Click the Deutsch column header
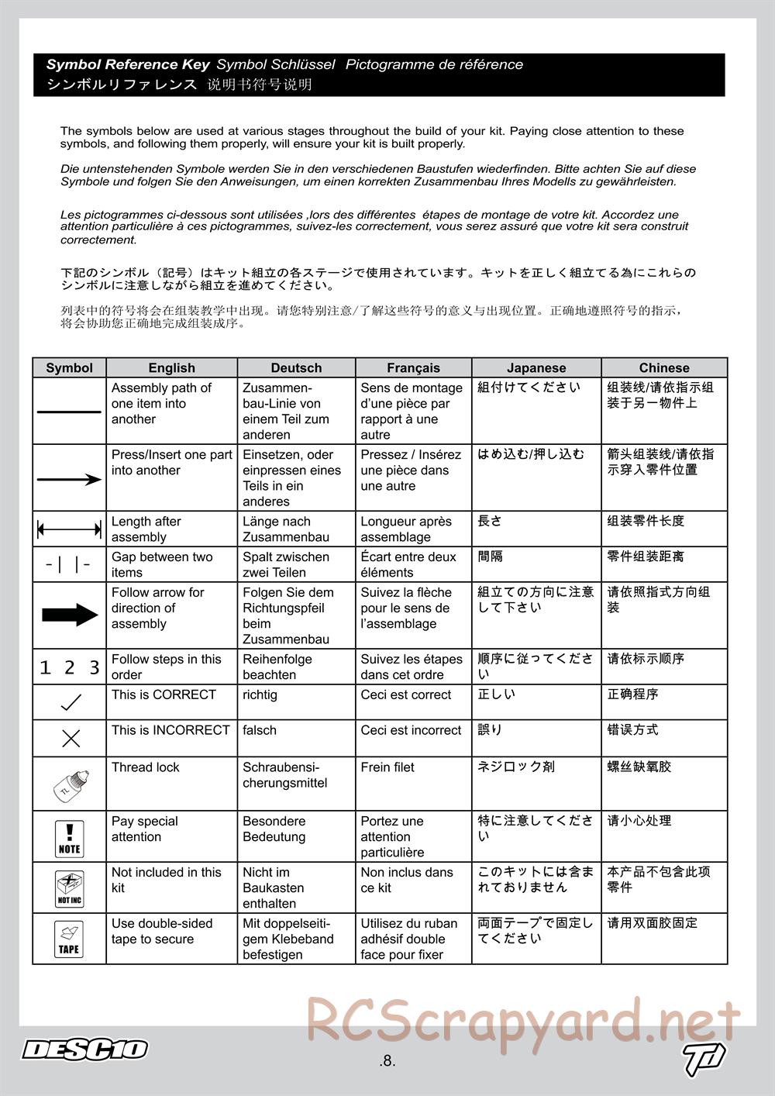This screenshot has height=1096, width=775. click(296, 368)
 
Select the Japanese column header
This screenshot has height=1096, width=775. click(536, 368)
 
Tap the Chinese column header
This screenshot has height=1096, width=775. click(664, 368)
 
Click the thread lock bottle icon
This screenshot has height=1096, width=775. click(70, 784)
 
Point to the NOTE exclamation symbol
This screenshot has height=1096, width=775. click(70, 837)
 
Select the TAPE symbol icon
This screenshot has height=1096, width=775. click(69, 939)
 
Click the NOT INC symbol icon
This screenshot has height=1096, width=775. click(70, 888)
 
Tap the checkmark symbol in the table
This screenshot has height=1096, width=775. click(71, 702)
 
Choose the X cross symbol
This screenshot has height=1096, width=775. click(71, 738)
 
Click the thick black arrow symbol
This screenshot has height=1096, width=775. click(70, 615)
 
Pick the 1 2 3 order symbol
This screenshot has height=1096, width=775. click(70, 667)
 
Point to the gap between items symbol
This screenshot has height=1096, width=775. click(69, 564)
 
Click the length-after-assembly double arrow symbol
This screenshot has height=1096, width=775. click(69, 530)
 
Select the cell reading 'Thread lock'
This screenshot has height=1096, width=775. click(146, 767)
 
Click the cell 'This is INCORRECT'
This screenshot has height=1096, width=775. click(170, 730)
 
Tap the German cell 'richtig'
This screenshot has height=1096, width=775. click(260, 694)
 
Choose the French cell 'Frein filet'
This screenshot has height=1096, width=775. click(387, 767)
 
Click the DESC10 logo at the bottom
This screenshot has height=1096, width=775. click(85, 1049)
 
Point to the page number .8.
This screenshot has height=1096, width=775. click(387, 1062)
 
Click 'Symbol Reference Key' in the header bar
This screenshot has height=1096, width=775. click(128, 65)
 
